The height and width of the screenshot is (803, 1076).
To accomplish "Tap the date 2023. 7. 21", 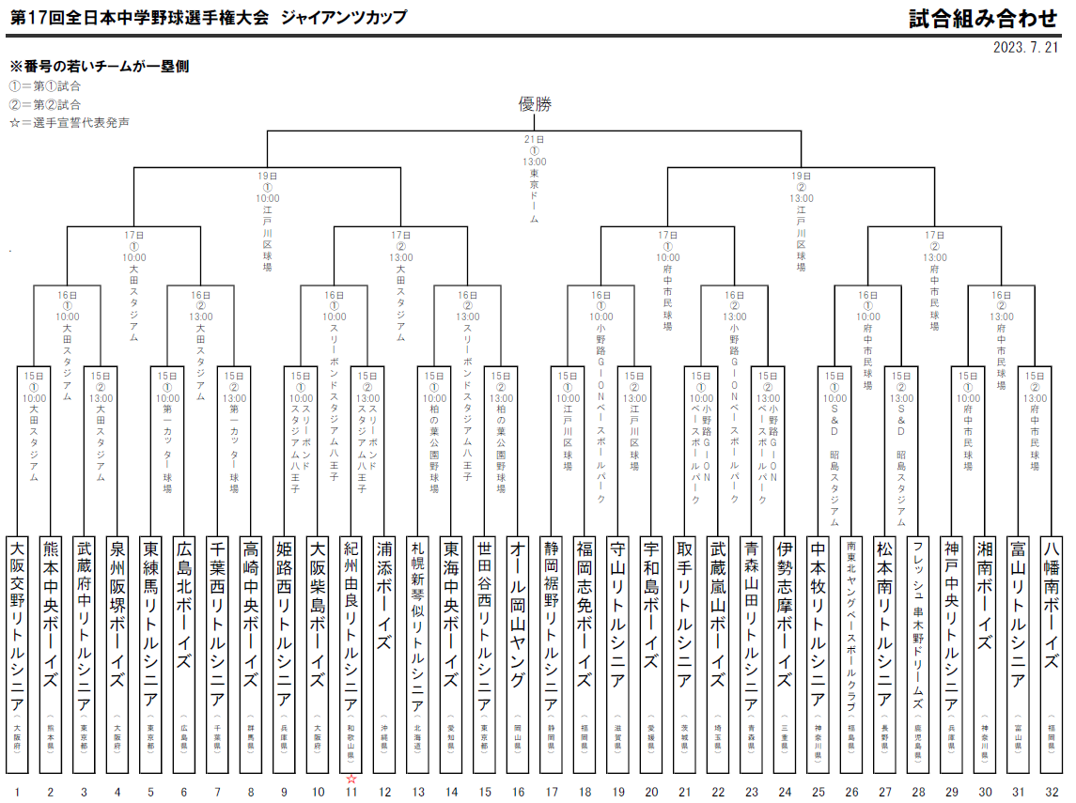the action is click(x=1025, y=47).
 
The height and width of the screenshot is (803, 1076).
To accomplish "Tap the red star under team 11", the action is click(x=351, y=779).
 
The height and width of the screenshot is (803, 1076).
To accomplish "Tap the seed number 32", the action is click(x=1052, y=792).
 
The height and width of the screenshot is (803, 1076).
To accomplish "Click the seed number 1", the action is click(x=17, y=792).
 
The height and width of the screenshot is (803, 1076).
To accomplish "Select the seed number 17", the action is click(x=552, y=792).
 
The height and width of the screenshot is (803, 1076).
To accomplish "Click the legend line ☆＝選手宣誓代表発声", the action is click(x=70, y=123).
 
